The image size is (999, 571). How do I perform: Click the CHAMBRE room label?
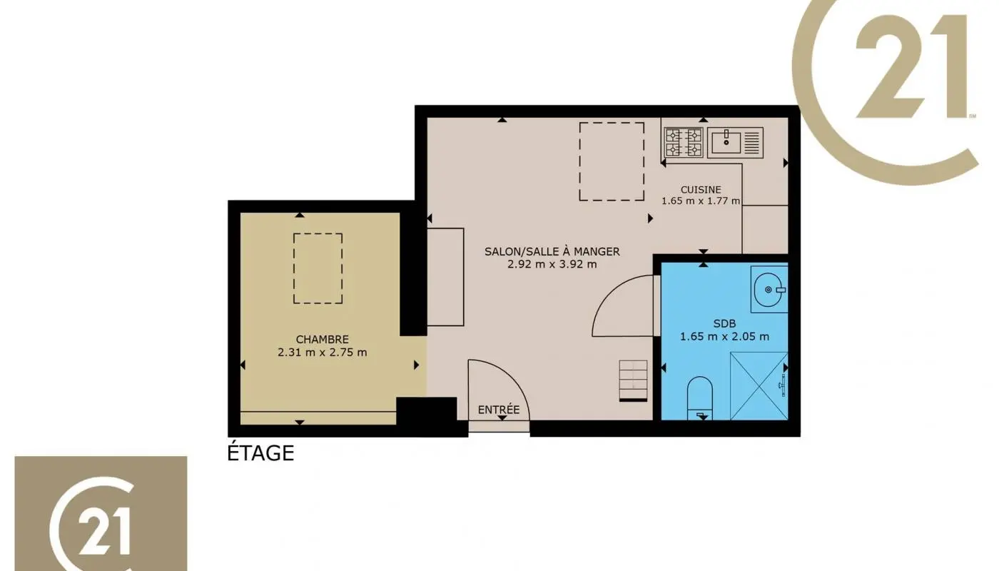pos(323,339)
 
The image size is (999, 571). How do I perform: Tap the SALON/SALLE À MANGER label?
pos(552,251)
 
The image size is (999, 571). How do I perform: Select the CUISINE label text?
pos(700,190)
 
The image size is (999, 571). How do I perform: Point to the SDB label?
pos(724,323)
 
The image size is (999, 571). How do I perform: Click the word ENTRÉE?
pos(499,410)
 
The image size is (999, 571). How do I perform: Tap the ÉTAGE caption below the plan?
pos(260,453)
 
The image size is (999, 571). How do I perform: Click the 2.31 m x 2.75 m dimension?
pos(323,352)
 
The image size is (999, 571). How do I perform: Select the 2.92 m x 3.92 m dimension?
pos(552,264)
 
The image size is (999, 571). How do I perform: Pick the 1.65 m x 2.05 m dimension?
pos(724,337)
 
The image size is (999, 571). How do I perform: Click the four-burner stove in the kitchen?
pos(684,142)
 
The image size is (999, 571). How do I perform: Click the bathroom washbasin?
pos(769,289)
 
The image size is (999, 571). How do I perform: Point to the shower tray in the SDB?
pos(759,386)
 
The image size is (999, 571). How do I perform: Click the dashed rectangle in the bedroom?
pos(318,268)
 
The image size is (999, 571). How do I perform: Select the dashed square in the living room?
pos(611,161)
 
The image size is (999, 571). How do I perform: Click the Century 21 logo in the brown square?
pos(101,513)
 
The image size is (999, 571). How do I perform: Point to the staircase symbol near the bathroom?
pos(633,380)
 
